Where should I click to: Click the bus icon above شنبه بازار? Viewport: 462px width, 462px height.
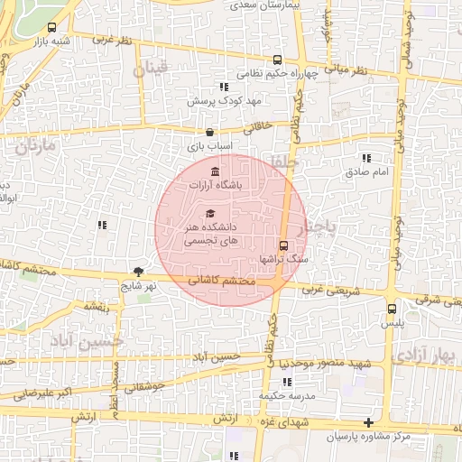51,27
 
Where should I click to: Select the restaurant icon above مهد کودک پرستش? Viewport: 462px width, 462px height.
223,88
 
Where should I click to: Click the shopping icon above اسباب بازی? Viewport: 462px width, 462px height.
210,132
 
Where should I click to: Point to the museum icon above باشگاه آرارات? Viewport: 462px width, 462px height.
214,171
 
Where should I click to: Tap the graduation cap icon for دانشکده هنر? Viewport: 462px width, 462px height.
210,213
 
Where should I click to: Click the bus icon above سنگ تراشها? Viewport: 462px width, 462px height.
284,245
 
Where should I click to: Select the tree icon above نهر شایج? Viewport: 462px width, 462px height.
138,271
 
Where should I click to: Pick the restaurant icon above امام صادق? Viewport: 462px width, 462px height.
366,157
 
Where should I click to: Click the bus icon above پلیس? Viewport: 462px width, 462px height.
391,309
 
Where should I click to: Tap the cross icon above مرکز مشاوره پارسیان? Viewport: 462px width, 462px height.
367,423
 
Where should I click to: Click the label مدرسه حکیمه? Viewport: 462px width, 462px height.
287,396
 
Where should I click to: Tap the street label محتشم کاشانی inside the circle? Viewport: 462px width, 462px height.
222,282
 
